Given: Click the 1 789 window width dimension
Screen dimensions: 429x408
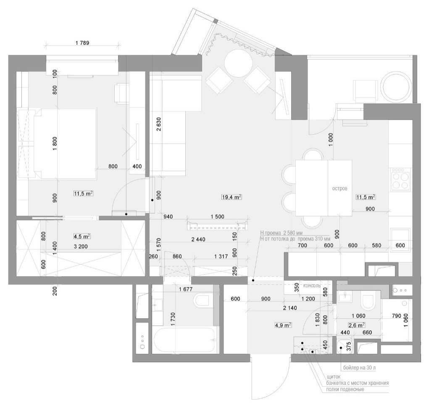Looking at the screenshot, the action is [x=82, y=43].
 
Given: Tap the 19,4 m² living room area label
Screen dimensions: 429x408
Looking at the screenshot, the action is [x=231, y=197].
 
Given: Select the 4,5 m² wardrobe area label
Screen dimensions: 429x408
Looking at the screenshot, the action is [x=82, y=236].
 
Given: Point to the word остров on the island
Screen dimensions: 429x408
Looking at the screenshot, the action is [x=340, y=188].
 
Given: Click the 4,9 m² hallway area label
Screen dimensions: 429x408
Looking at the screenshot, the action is [x=283, y=325].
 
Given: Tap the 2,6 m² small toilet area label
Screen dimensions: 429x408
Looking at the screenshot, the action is [x=356, y=325].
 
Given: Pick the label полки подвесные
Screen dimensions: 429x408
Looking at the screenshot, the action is [x=345, y=389].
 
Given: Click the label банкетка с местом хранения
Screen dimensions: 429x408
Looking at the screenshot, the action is [x=357, y=383].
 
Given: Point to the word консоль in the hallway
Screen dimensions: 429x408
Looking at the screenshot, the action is [x=312, y=286].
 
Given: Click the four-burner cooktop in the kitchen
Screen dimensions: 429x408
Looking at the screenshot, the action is [x=400, y=179].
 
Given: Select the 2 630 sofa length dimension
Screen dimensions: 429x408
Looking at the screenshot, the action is [x=159, y=124].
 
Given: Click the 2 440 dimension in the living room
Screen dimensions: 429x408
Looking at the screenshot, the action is [x=198, y=240].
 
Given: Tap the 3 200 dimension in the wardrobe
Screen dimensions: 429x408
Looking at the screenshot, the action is [x=81, y=246].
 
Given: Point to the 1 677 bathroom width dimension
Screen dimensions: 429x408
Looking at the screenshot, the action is [x=186, y=289].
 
